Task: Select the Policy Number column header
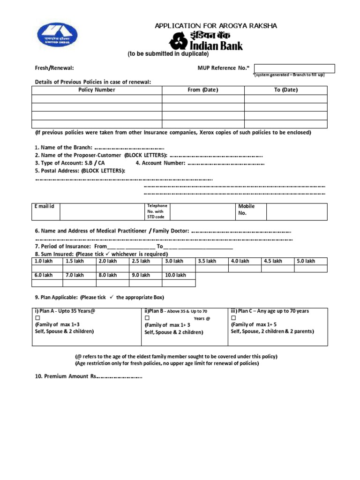[x=97, y=90]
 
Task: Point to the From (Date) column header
[x=202, y=90]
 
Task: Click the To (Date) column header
[x=285, y=90]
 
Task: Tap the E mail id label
[x=45, y=207]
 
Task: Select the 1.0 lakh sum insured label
[x=42, y=261]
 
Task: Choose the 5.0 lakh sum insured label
[x=306, y=261]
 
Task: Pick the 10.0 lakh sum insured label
[x=175, y=275]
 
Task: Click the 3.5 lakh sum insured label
[x=207, y=261]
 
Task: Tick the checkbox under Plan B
[x=147, y=318]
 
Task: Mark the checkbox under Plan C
[x=233, y=318]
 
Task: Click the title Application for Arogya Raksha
[x=216, y=26]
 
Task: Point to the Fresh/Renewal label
[x=54, y=68]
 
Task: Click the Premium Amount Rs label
[x=66, y=376]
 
